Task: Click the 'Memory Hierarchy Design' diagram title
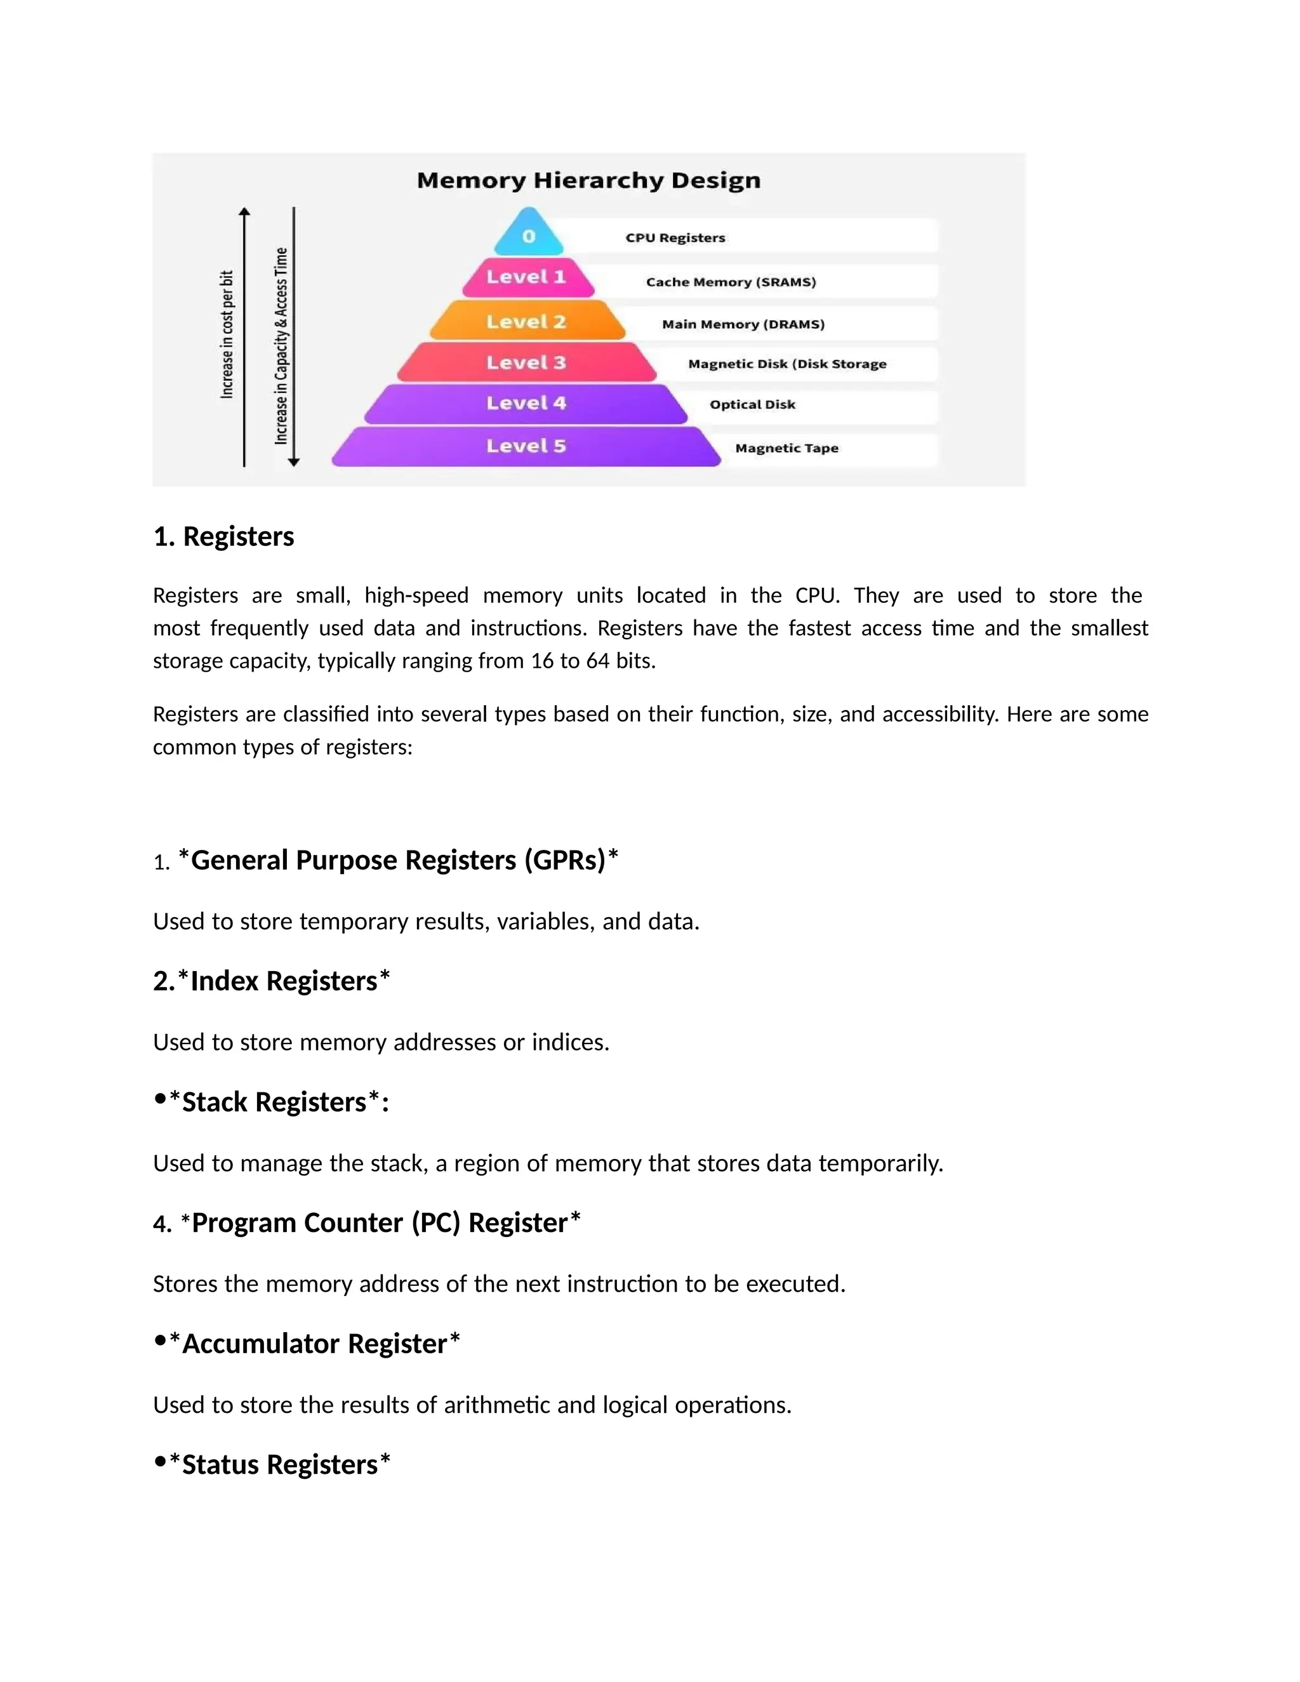tap(588, 180)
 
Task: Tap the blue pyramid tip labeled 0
tap(528, 235)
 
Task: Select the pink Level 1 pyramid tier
tap(527, 278)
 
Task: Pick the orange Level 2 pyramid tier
tap(527, 322)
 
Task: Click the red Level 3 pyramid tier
tap(527, 362)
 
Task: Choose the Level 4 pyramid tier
tap(527, 404)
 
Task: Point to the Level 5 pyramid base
tap(527, 447)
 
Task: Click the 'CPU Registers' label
tap(675, 238)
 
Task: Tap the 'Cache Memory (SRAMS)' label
tap(731, 282)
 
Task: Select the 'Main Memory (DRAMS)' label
tap(743, 324)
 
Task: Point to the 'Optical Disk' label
tap(752, 404)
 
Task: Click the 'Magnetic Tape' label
tap(786, 448)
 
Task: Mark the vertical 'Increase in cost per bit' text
tap(227, 334)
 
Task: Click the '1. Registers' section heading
tap(223, 536)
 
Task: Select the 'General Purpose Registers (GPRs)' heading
tap(398, 860)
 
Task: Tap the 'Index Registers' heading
tap(283, 981)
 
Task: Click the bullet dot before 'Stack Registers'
tap(160, 1099)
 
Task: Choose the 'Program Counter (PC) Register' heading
tap(380, 1223)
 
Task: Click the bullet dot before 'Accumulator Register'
tap(160, 1341)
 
